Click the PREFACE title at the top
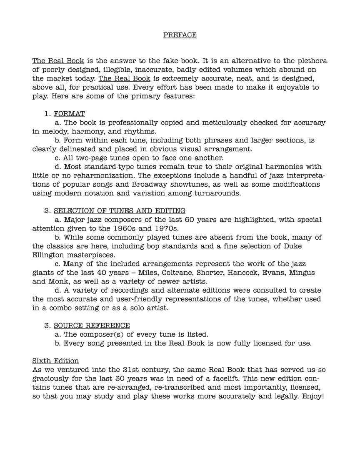click(180, 35)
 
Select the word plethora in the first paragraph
click(308, 61)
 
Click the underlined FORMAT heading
click(69, 114)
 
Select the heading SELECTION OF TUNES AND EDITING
click(120, 211)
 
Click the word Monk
click(54, 281)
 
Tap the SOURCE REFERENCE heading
click(92, 326)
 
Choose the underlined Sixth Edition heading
click(55, 361)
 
